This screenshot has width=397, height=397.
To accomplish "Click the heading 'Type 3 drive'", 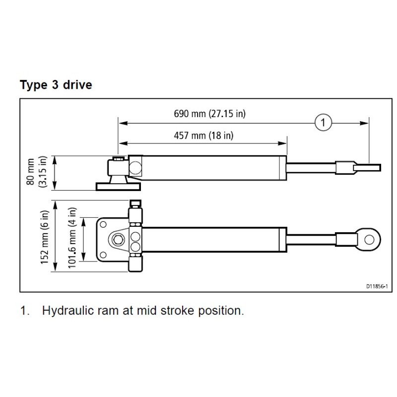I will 56,85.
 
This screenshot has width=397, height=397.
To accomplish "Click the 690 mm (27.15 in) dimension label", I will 210,114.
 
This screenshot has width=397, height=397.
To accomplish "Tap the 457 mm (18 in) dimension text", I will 204,135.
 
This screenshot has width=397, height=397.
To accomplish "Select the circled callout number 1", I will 323,122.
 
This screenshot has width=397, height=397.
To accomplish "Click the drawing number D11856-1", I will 377,286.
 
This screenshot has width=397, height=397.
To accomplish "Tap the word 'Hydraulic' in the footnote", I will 67,312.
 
